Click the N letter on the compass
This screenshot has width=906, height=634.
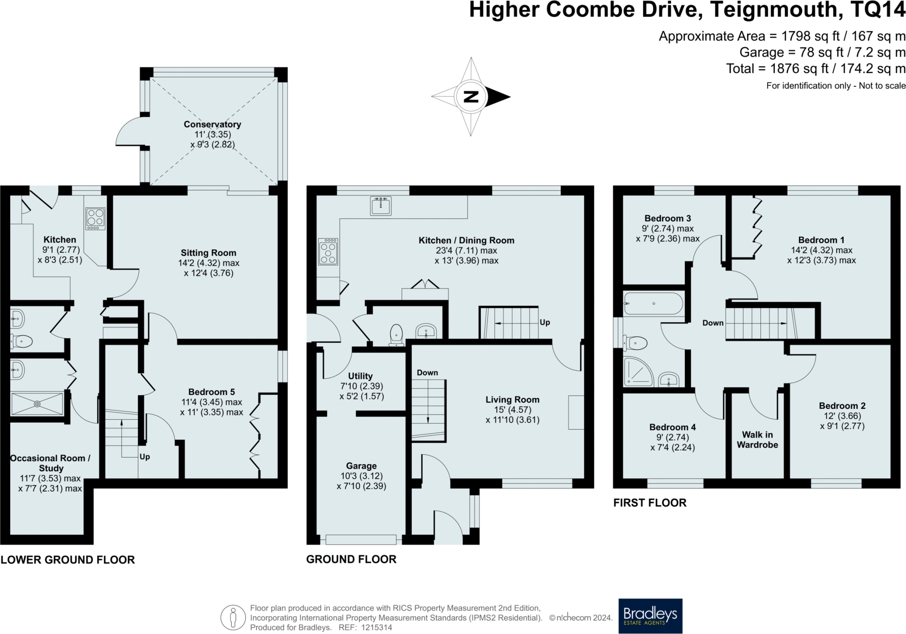click(471, 96)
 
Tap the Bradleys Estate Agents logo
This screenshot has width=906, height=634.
click(650, 616)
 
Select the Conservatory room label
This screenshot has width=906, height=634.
click(212, 125)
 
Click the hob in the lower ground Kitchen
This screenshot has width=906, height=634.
click(96, 219)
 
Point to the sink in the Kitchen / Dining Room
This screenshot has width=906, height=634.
click(381, 206)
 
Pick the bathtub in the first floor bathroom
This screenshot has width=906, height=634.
click(653, 304)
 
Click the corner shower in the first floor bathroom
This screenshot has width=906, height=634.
click(638, 371)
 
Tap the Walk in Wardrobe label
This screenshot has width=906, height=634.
click(757, 440)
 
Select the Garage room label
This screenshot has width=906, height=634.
click(361, 466)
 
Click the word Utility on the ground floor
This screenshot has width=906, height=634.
click(360, 376)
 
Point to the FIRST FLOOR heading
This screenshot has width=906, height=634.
click(650, 503)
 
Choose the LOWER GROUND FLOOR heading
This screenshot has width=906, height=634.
click(68, 560)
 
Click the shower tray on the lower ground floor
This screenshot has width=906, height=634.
click(37, 404)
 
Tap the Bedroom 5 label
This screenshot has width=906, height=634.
click(211, 392)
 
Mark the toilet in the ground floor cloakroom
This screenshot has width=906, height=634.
click(396, 335)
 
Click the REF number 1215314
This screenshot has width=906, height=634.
click(376, 627)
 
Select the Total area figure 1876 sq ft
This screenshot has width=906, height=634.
click(799, 69)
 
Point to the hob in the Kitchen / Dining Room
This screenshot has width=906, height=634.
click(328, 252)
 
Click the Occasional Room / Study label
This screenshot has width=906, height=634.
click(50, 463)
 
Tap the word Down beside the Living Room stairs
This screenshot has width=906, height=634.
click(427, 373)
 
